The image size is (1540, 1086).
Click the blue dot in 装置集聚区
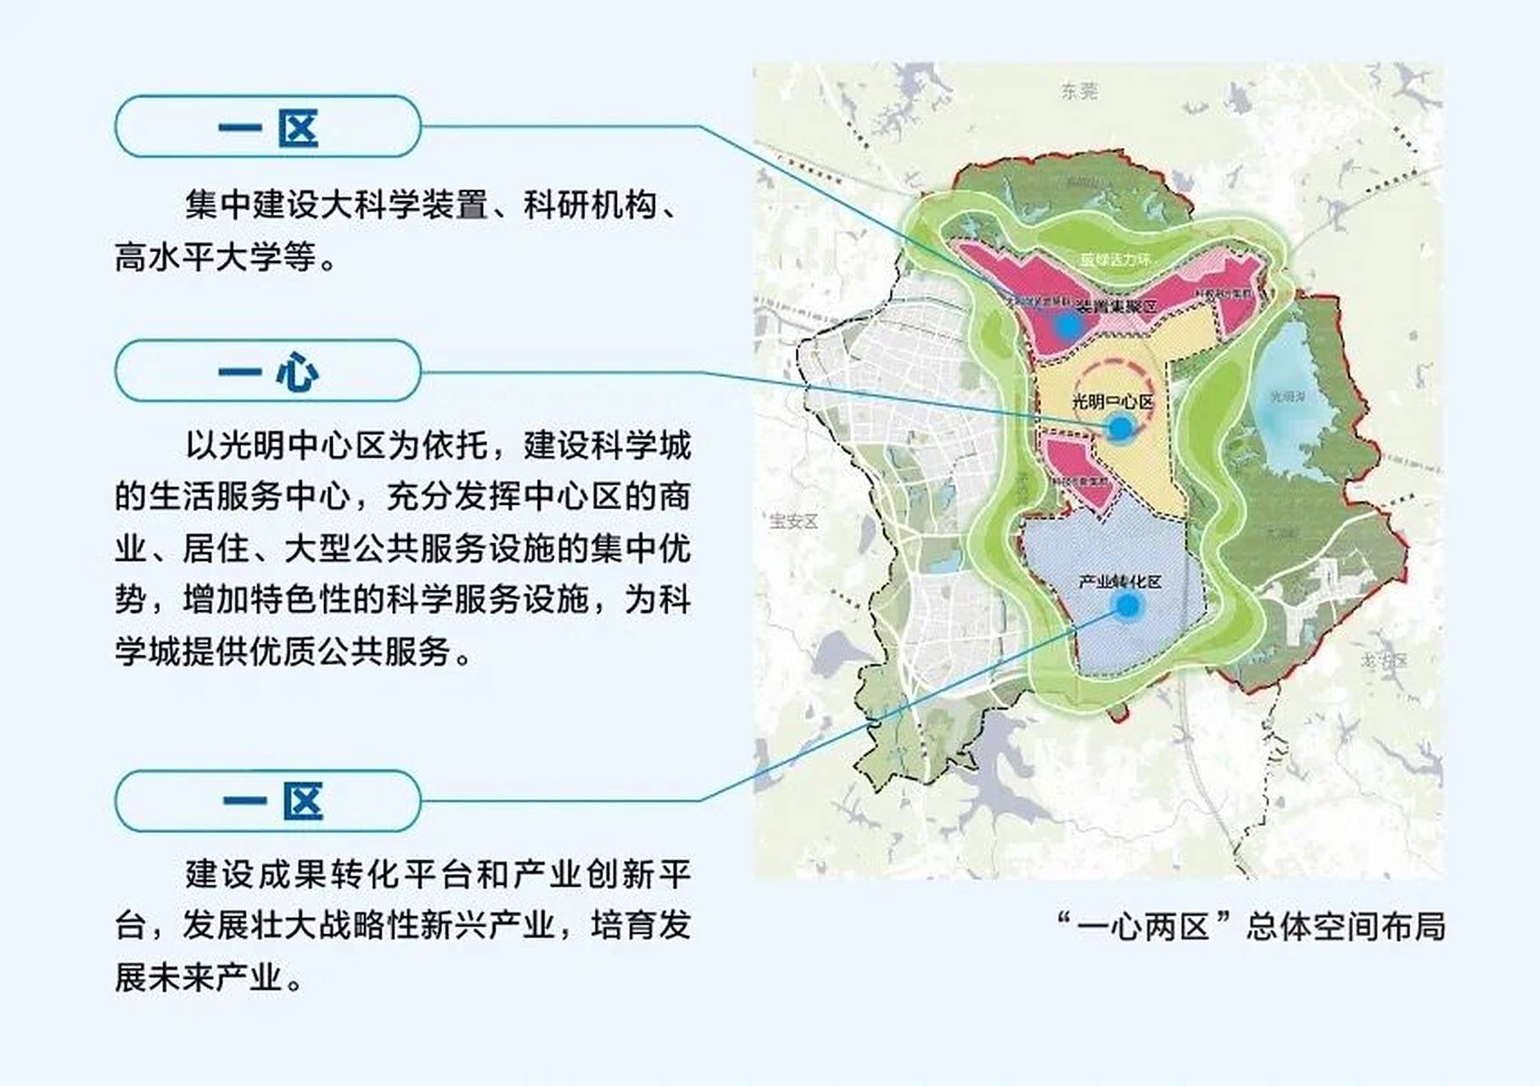click(1067, 325)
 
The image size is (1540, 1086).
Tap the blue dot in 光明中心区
click(1120, 428)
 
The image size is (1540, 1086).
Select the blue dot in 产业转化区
click(1128, 606)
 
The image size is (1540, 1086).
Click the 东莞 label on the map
click(1078, 91)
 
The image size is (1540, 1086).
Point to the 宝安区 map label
click(793, 521)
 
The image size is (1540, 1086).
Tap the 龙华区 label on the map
click(1384, 660)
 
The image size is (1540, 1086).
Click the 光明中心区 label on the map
click(1112, 401)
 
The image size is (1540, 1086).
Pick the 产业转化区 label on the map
click(1120, 582)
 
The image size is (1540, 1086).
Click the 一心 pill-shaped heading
click(268, 371)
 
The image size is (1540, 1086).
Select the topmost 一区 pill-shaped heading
click(268, 127)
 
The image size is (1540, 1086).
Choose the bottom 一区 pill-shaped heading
click(268, 801)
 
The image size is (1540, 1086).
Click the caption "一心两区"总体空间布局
click(1252, 926)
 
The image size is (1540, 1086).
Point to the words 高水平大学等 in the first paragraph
click(216, 257)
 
